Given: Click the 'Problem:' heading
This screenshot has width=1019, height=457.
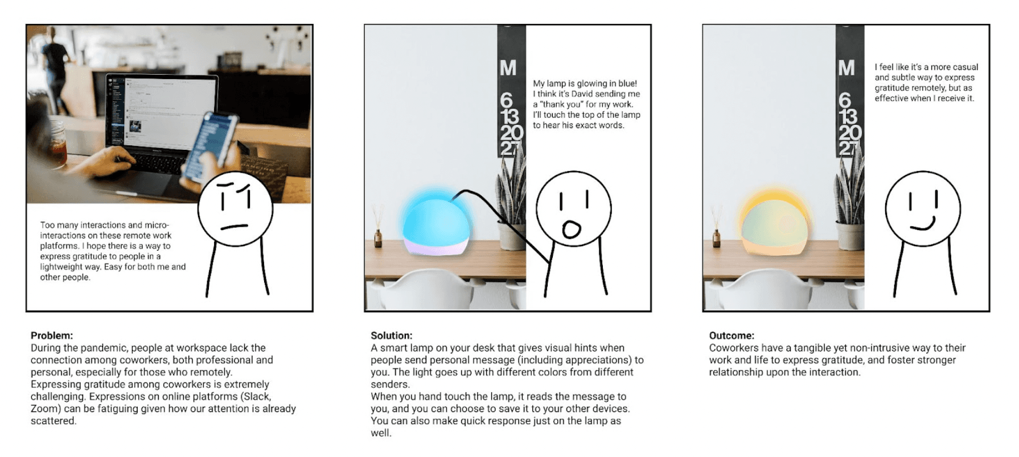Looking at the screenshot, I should (52, 336).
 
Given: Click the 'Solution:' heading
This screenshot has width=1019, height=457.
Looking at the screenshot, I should (392, 336).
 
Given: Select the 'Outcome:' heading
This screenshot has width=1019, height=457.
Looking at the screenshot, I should (732, 336).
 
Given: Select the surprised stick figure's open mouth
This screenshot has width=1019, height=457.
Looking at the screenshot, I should (572, 229).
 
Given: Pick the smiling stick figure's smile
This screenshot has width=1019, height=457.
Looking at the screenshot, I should (922, 225).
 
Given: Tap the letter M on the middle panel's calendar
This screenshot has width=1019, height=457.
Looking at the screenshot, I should (508, 68).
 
